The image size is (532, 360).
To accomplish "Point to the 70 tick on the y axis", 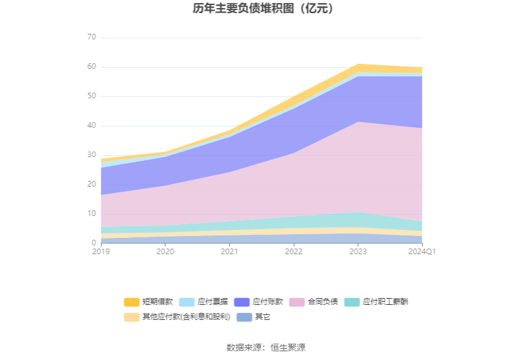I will coord(91,38).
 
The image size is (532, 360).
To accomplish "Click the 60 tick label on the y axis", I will coord(91,67).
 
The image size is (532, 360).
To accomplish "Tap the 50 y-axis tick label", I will coord(91,96).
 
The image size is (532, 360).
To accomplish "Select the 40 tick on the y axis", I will coord(91,126).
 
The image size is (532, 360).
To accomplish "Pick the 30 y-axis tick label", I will coord(91,155).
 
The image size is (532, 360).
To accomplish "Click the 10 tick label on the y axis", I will coord(91,214).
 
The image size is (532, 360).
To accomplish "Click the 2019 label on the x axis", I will coord(101,252).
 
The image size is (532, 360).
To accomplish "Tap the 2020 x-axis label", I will coord(165,252).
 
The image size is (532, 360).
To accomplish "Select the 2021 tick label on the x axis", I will coord(230,252).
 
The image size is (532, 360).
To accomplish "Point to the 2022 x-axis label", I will coord(294,252).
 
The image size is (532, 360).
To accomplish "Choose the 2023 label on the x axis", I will coord(358,252).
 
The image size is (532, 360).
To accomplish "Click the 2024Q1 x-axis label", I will coord(422,252).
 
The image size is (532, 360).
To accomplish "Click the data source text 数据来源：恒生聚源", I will coord(266,347).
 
